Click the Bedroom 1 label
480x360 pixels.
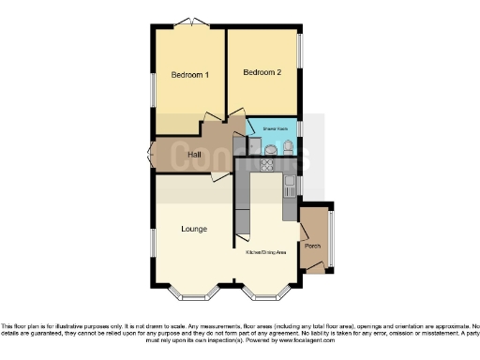(x=189, y=74)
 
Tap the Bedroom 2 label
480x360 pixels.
(x=262, y=72)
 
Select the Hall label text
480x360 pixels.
(x=195, y=154)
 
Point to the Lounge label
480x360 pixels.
(x=194, y=229)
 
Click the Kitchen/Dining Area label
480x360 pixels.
(x=266, y=253)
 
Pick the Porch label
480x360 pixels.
(x=312, y=247)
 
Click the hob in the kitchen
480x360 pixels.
(x=266, y=166)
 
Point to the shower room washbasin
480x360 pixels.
(x=271, y=150)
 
